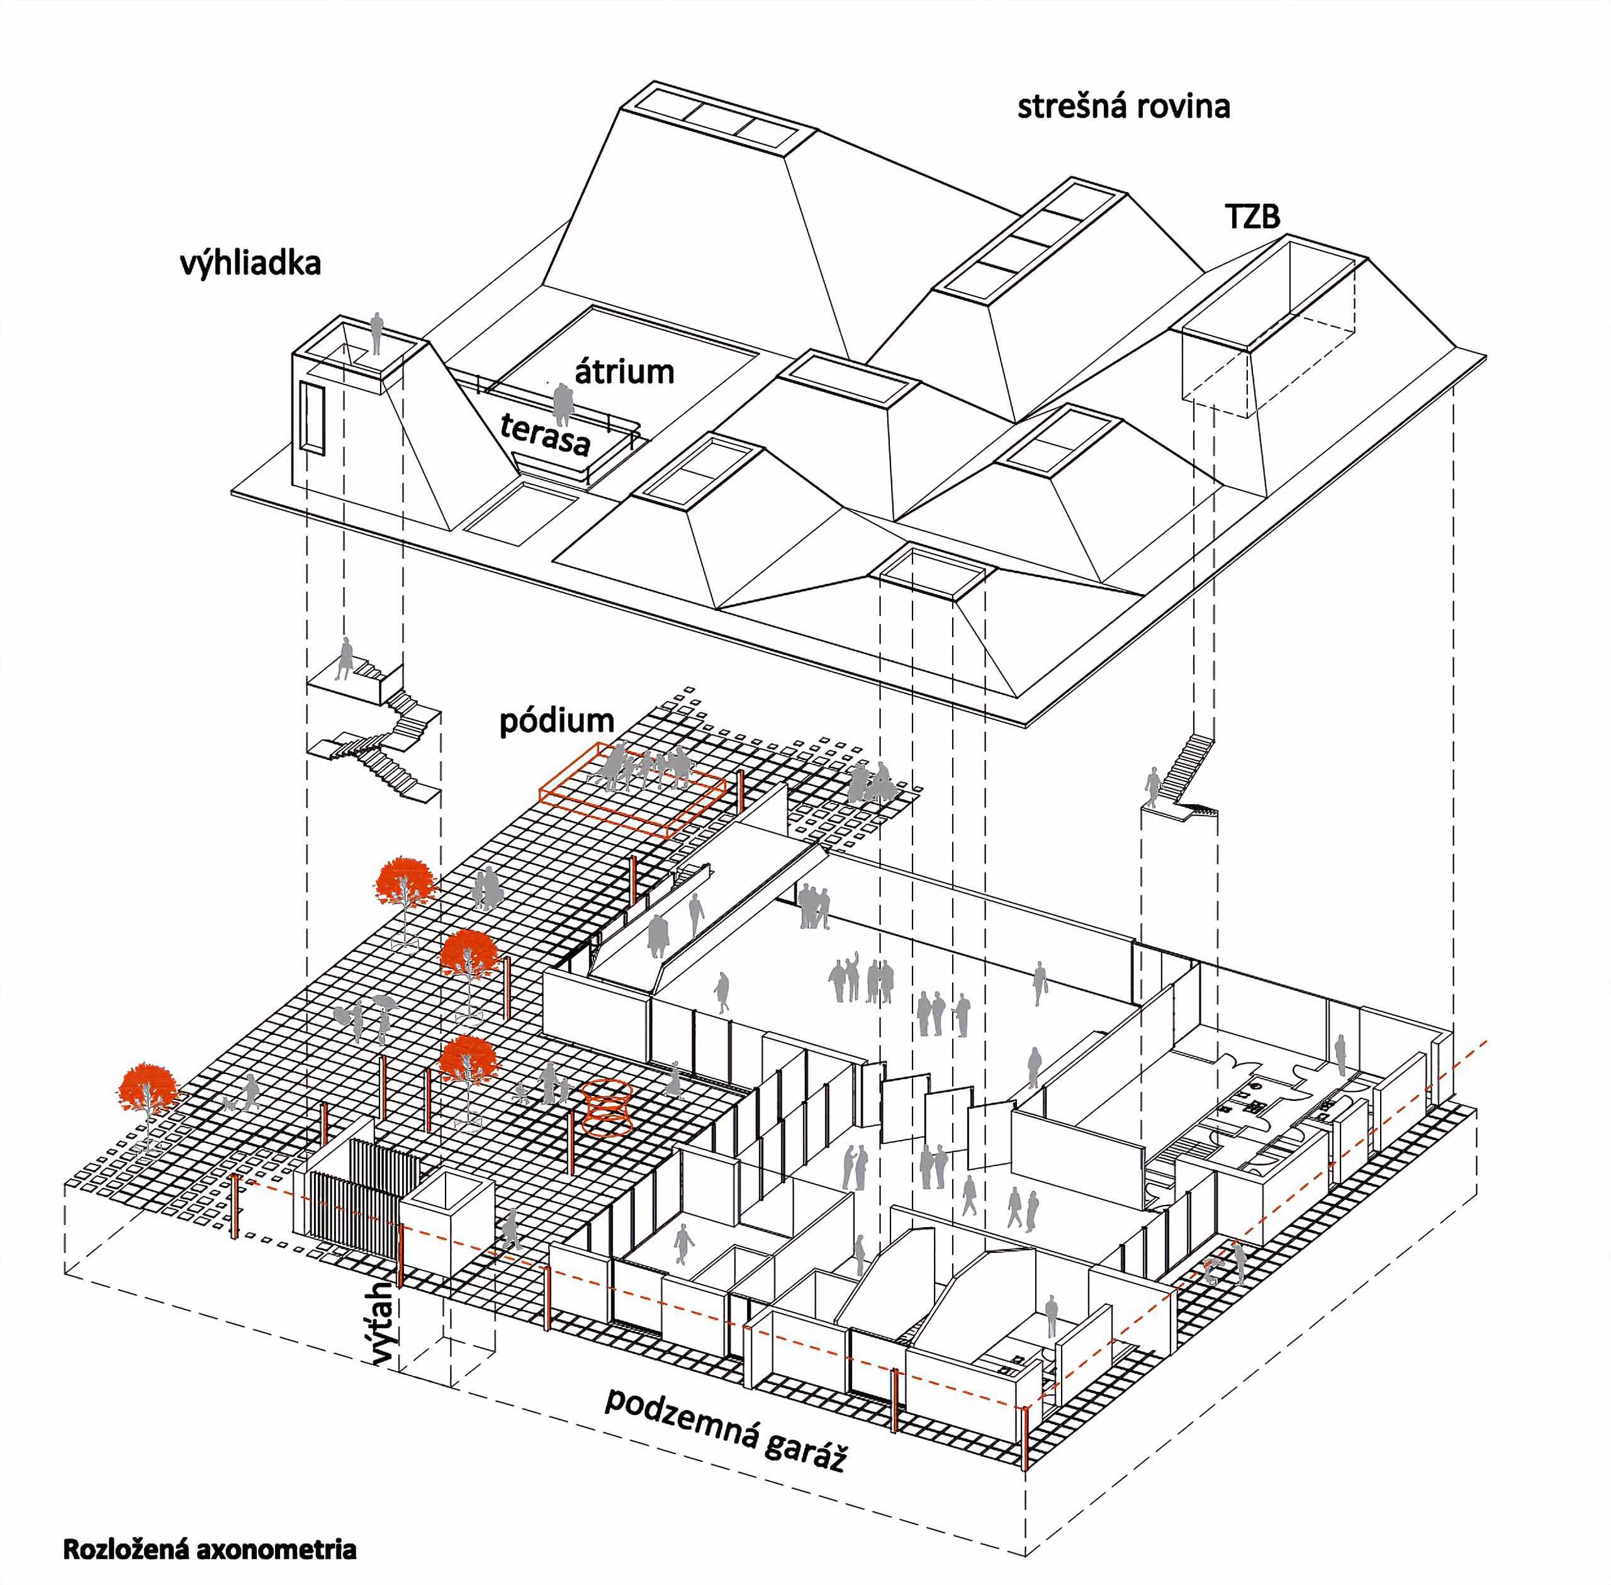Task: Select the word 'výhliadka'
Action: click(x=250, y=264)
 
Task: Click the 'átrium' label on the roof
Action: click(x=624, y=371)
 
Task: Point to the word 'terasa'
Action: click(x=546, y=433)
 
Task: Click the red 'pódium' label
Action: click(x=556, y=722)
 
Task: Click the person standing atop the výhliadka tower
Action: click(x=376, y=333)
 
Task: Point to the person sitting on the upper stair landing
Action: click(x=345, y=658)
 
